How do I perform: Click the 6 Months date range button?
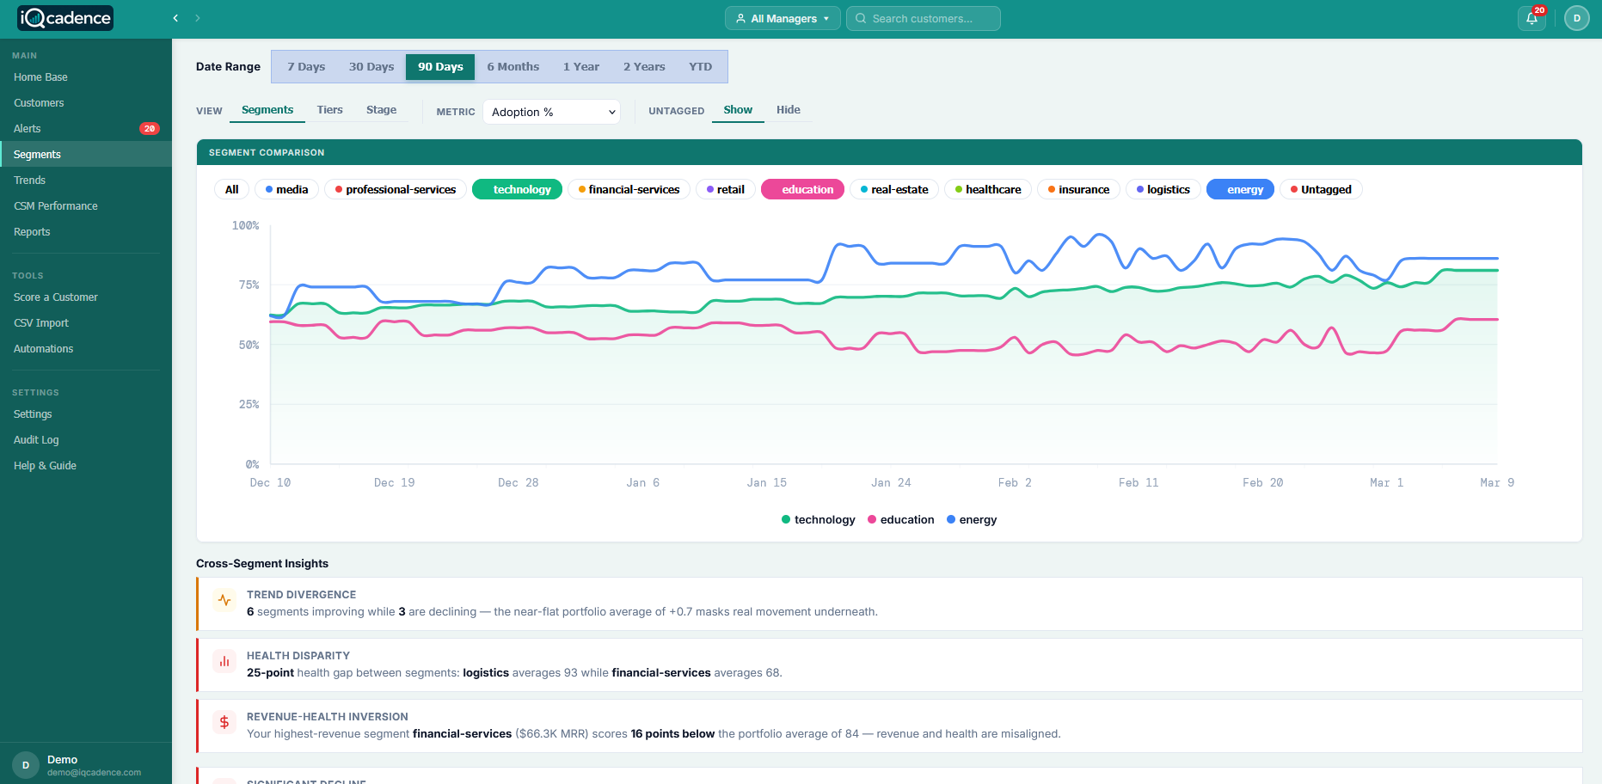[513, 66]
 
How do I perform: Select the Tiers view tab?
[329, 110]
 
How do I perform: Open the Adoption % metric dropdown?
[551, 112]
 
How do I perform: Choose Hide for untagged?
[788, 110]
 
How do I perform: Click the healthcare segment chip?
[987, 189]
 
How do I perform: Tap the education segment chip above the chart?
[807, 189]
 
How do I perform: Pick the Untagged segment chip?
[1320, 189]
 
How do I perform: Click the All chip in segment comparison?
[231, 189]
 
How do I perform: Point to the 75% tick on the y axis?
[249, 285]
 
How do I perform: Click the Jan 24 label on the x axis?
[891, 482]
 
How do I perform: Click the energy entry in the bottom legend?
[972, 519]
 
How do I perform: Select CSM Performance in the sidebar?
[56, 206]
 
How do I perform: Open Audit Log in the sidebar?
[36, 440]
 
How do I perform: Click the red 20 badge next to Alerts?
[149, 129]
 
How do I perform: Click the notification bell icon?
[1531, 18]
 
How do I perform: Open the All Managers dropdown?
[783, 18]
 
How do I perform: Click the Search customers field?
[924, 18]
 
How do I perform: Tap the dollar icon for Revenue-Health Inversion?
[224, 722]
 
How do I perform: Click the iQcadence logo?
[65, 18]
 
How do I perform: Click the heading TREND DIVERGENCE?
[301, 594]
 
